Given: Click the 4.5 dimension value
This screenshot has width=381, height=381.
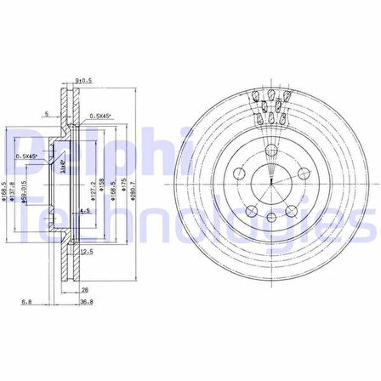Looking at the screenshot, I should (x=84, y=210).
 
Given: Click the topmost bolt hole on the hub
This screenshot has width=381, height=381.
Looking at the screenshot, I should (x=270, y=151).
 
